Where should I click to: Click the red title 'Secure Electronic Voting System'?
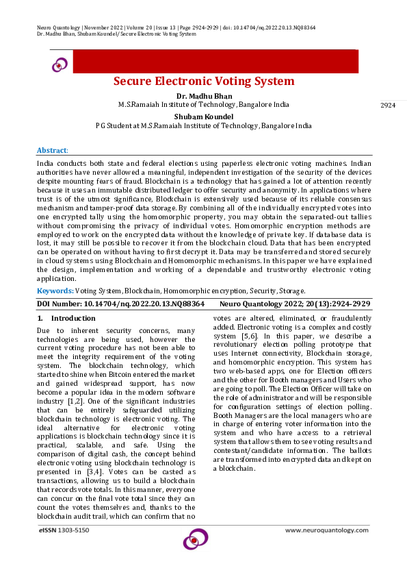tap(204, 82)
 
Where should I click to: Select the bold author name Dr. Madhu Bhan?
tap(203, 95)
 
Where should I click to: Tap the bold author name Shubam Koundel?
tap(203, 116)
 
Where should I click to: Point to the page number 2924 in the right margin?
tap(388, 106)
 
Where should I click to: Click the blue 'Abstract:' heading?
tap(52, 150)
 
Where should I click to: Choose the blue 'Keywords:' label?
tap(55, 291)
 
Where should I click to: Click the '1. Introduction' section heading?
tap(66, 319)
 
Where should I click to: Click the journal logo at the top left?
tap(60, 64)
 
